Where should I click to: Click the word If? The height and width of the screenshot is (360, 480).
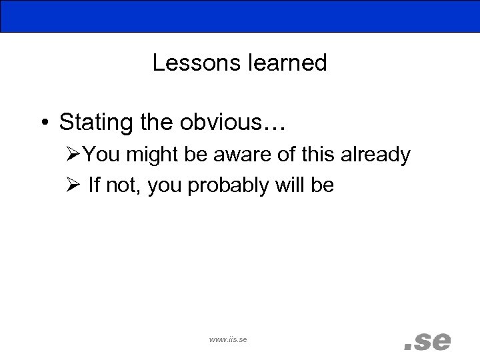tap(93, 185)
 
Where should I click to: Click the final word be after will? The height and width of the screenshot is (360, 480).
tap(322, 185)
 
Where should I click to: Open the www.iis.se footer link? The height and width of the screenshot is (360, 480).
tap(228, 340)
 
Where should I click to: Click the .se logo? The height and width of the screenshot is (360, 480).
tap(428, 341)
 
